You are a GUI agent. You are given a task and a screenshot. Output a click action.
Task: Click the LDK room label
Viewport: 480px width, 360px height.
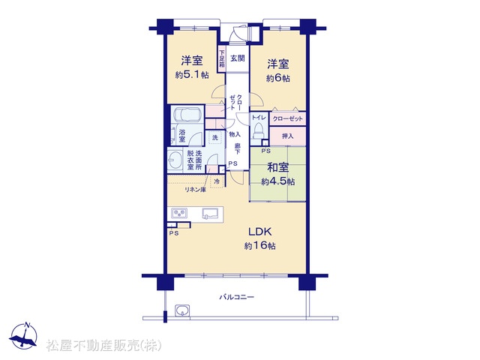pyautogui.click(x=260, y=232)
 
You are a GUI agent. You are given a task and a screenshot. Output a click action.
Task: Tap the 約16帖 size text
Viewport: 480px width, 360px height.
pyautogui.click(x=260, y=246)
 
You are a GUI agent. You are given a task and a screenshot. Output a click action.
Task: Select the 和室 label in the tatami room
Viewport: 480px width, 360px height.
pyautogui.click(x=278, y=167)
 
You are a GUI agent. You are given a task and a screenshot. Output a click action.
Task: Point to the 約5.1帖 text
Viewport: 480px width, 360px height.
pyautogui.click(x=192, y=75)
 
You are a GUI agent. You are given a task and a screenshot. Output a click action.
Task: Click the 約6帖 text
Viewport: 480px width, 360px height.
pyautogui.click(x=278, y=78)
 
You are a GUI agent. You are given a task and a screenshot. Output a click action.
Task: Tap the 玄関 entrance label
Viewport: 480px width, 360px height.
pyautogui.click(x=238, y=58)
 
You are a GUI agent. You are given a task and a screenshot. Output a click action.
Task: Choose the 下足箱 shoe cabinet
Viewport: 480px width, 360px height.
pyautogui.click(x=222, y=58)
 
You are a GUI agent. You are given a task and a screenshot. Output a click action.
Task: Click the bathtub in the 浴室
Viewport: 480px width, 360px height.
pyautogui.click(x=187, y=115)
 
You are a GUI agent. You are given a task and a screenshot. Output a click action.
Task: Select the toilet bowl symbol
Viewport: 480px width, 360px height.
pyautogui.click(x=259, y=131)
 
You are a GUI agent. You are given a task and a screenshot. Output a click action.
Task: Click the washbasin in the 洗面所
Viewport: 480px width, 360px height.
pyautogui.click(x=175, y=160)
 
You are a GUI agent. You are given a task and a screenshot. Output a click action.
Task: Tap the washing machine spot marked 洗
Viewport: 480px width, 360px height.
pyautogui.click(x=215, y=138)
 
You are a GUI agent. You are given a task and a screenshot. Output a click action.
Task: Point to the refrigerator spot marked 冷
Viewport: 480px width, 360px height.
pyautogui.click(x=217, y=181)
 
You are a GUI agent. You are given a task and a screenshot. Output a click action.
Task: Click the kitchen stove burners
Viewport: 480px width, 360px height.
pyautogui.click(x=179, y=213)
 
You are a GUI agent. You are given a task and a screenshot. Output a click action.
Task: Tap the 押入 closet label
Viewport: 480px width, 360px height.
pyautogui.click(x=288, y=136)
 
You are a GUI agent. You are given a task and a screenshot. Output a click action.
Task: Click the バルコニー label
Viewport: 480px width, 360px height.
pyautogui.click(x=237, y=297)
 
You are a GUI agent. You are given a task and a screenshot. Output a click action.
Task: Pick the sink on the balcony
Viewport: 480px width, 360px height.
pyautogui.click(x=182, y=310)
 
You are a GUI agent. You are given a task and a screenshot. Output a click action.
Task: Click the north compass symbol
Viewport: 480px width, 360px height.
pyautogui.click(x=24, y=336)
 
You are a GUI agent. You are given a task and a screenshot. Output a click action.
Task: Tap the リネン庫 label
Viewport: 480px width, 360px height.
pyautogui.click(x=195, y=190)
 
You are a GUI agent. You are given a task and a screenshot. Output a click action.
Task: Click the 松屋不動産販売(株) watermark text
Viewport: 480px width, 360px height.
pyautogui.click(x=103, y=346)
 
